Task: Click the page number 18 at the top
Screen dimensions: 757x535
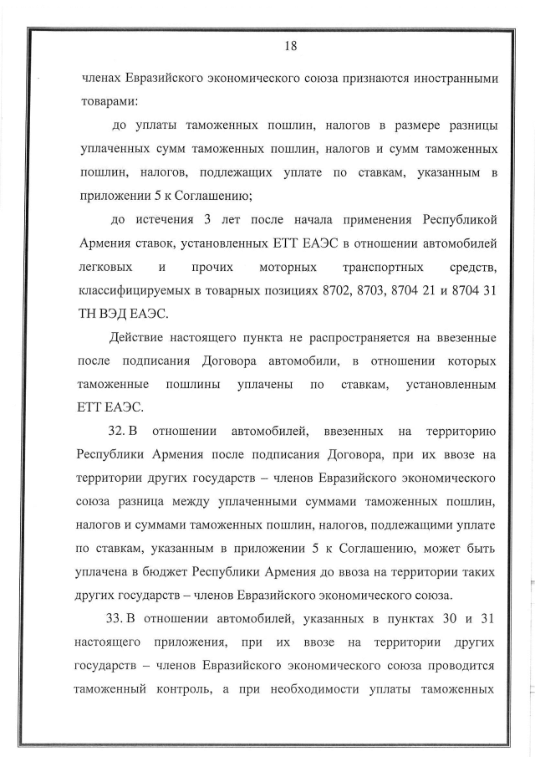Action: [291, 46]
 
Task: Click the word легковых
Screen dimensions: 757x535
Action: [102, 268]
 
